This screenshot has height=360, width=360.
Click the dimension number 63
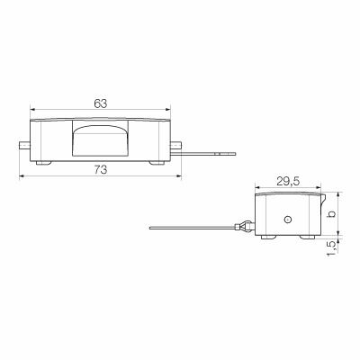(x=100, y=104)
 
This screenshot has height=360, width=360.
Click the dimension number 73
(x=100, y=168)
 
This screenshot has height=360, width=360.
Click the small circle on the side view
(x=287, y=219)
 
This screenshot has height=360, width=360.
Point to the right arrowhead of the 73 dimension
(x=177, y=175)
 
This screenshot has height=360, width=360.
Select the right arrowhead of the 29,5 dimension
(x=319, y=189)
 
